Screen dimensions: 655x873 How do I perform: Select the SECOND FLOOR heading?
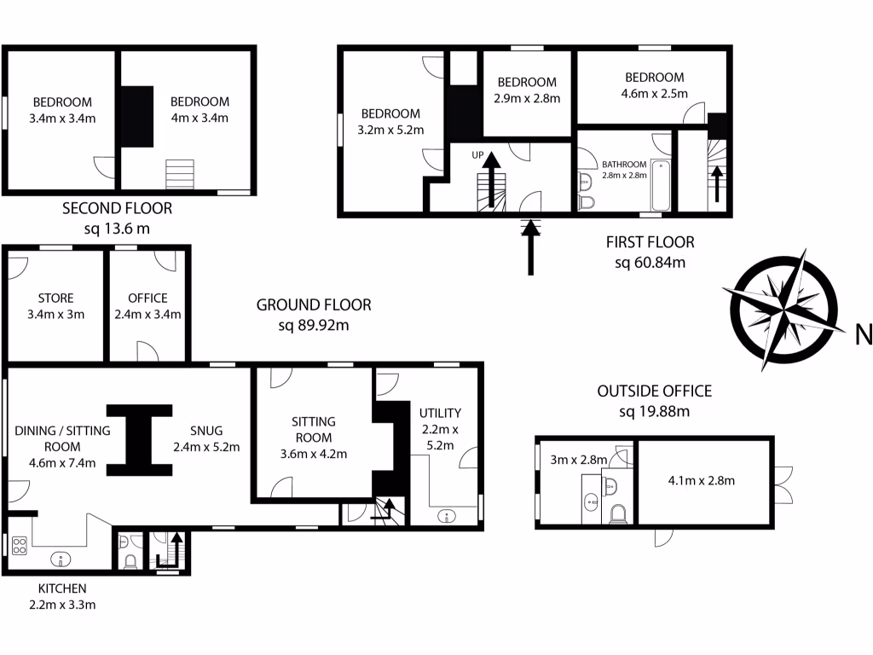pos(118,208)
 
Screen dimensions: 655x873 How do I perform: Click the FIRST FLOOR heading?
pos(650,242)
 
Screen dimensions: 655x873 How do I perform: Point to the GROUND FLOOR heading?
pos(314,305)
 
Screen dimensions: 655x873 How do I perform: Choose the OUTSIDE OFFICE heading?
pos(654,391)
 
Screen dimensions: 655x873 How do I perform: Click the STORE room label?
pos(55,299)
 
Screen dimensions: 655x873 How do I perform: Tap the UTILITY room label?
pos(440,413)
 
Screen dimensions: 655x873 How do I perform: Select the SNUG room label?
pos(205,431)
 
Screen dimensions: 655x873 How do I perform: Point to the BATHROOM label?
pos(624,164)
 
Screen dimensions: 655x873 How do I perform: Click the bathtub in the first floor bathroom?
pos(661,185)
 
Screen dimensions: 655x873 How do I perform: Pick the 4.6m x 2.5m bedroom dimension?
pos(654,94)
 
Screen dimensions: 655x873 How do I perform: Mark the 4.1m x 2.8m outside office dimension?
pos(701,480)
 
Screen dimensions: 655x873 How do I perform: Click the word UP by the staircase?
pos(477,155)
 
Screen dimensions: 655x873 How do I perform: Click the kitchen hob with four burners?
pos(19,545)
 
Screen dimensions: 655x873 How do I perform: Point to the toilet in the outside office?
pos(619,513)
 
